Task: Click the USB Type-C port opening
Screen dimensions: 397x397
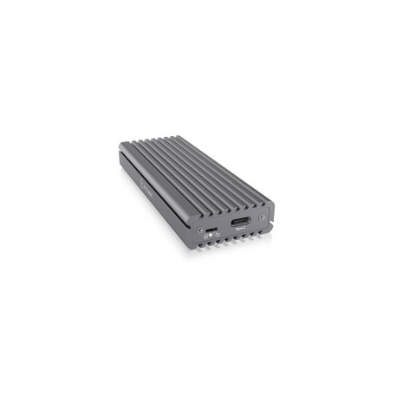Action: pyautogui.click(x=241, y=221)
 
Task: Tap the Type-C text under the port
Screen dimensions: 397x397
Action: pyautogui.click(x=240, y=230)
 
